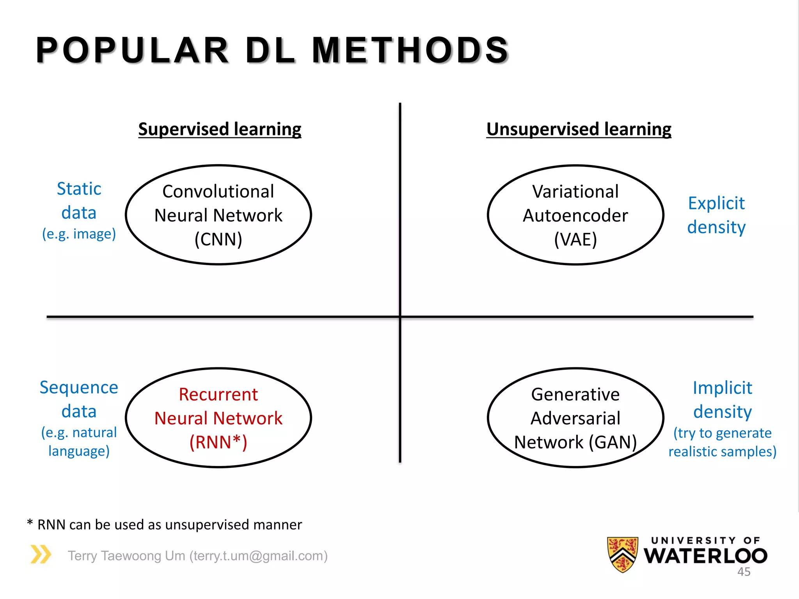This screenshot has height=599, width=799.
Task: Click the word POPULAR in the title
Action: click(x=132, y=50)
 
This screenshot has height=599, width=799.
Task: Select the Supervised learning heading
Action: click(x=220, y=129)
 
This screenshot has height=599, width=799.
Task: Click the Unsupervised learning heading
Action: click(x=579, y=129)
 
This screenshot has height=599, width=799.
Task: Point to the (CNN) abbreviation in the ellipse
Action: click(x=218, y=239)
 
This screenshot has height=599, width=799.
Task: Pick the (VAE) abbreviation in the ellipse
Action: click(x=575, y=239)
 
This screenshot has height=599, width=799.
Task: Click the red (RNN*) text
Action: click(x=218, y=442)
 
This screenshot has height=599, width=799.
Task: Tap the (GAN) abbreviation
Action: click(x=613, y=442)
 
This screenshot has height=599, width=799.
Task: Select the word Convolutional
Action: click(x=218, y=191)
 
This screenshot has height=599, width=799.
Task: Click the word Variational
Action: click(x=575, y=191)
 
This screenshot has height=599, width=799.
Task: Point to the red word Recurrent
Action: click(x=218, y=394)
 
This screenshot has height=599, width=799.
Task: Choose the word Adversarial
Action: click(x=575, y=418)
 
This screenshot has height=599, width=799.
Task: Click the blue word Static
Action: click(x=79, y=189)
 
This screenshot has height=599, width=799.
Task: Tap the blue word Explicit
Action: click(x=716, y=203)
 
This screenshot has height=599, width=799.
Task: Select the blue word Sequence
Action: click(x=79, y=387)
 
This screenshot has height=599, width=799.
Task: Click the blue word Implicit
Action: click(x=722, y=388)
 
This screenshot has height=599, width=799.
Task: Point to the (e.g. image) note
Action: click(x=79, y=234)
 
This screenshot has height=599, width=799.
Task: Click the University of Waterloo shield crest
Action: click(x=623, y=554)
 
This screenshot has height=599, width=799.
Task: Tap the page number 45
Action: click(x=744, y=572)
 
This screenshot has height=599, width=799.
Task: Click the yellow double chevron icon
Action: click(x=41, y=554)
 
